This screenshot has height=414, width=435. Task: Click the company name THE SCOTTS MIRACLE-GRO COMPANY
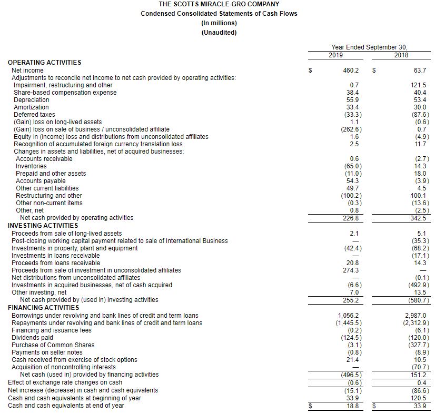pyautogui.click(x=219, y=4)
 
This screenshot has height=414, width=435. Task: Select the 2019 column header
pyautogui.click(x=336, y=55)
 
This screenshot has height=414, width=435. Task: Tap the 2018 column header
pyautogui.click(x=401, y=55)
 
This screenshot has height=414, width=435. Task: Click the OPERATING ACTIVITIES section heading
pyautogui.click(x=45, y=63)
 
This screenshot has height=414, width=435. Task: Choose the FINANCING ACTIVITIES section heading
pyautogui.click(x=43, y=308)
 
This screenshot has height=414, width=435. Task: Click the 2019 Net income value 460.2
pyautogui.click(x=351, y=70)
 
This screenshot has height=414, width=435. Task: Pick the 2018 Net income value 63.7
pyautogui.click(x=420, y=70)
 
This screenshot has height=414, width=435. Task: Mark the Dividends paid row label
pyautogui.click(x=32, y=338)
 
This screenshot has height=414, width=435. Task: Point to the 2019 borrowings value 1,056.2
pyautogui.click(x=348, y=316)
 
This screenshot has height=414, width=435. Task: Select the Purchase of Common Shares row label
pyautogui.click(x=53, y=345)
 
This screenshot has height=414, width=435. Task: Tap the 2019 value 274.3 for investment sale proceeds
pyautogui.click(x=351, y=270)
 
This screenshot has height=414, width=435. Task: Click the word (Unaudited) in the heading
pyautogui.click(x=219, y=33)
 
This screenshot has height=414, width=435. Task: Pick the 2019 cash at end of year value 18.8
pyautogui.click(x=352, y=406)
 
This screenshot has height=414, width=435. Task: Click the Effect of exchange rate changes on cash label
pyautogui.click(x=65, y=382)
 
